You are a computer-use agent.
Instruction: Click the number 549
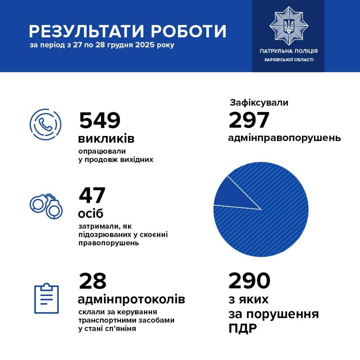click(x=100, y=120)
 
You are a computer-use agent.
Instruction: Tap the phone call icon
click(x=45, y=124)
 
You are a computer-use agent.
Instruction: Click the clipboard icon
click(x=46, y=298)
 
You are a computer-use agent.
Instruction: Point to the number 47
click(x=92, y=195)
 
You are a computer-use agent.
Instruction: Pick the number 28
click(x=93, y=281)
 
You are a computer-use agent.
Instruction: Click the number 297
click(x=249, y=120)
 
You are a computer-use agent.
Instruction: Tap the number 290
click(x=249, y=281)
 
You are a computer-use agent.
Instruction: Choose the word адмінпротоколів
click(x=131, y=300)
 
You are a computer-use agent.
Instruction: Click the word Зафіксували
click(x=259, y=103)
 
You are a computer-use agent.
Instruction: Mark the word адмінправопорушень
click(x=284, y=138)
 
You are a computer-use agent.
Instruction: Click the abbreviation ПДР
click(x=243, y=329)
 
